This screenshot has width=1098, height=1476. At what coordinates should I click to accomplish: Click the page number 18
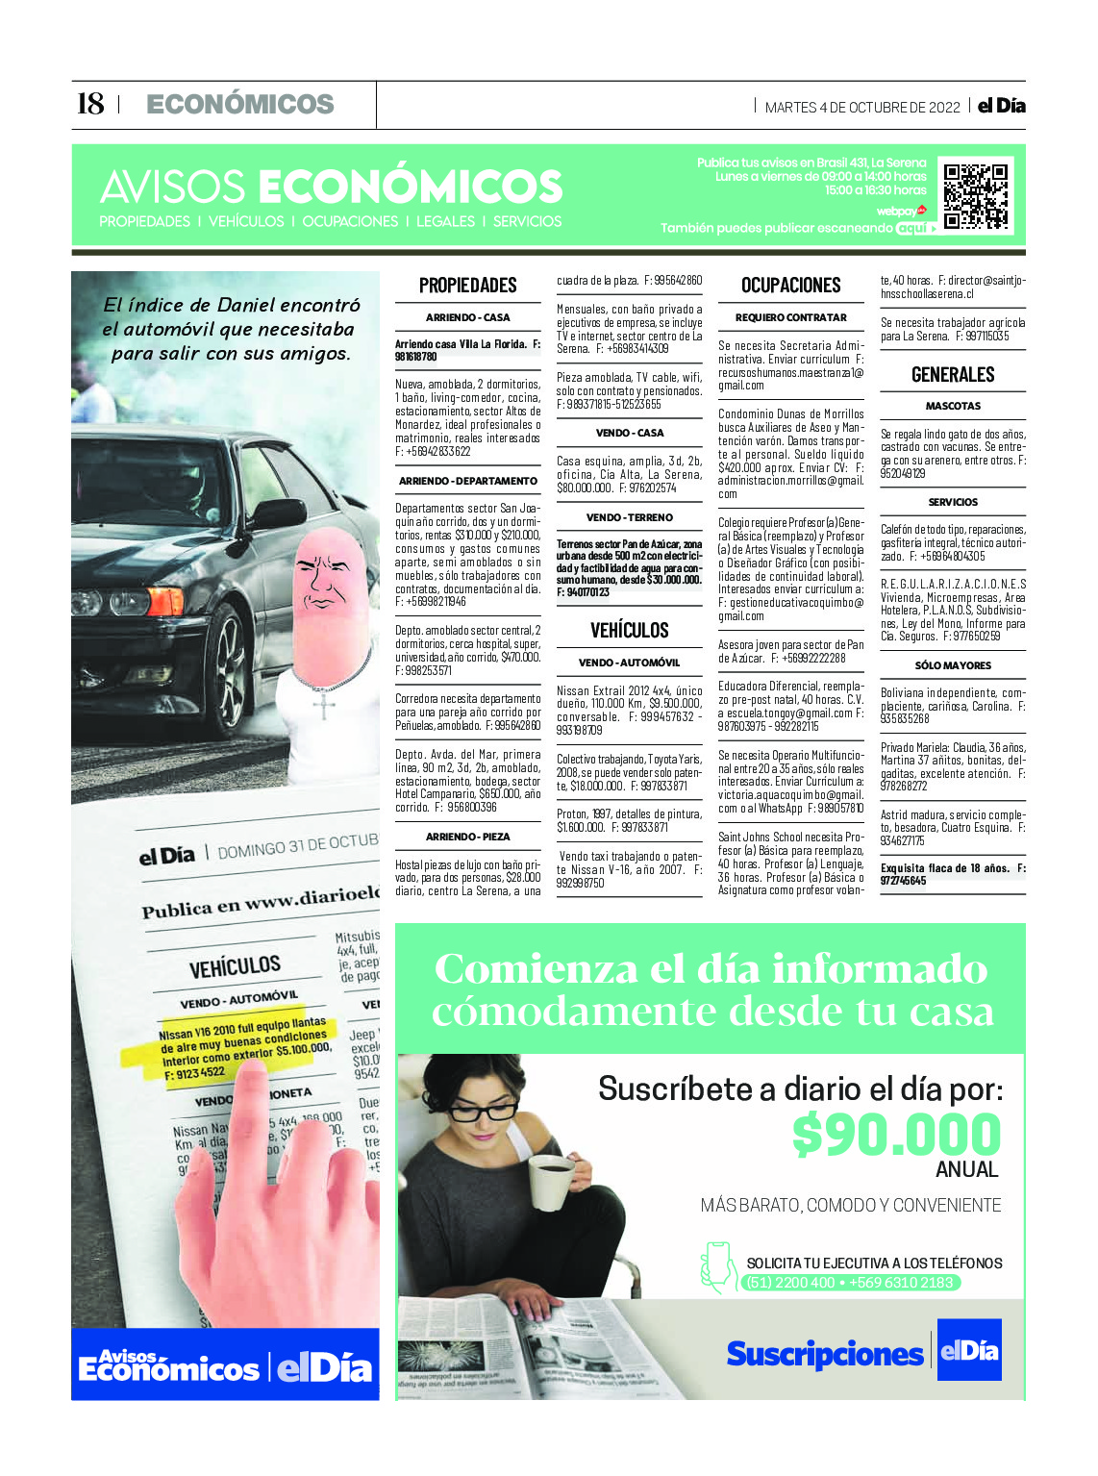(90, 104)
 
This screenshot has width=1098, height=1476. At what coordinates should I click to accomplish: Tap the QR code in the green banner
(976, 196)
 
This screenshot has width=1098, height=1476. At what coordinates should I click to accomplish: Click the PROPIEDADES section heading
(468, 286)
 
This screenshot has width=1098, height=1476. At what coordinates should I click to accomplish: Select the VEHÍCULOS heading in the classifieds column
(629, 631)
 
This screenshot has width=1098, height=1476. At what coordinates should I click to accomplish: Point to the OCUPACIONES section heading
(790, 286)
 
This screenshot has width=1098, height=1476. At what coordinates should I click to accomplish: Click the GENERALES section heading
(953, 375)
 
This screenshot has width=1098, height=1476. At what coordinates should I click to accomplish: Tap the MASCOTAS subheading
(953, 407)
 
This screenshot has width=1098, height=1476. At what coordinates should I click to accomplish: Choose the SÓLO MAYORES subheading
(953, 665)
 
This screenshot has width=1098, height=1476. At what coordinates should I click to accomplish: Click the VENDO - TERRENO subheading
(629, 517)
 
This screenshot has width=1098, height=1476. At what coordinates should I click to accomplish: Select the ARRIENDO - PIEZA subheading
(468, 837)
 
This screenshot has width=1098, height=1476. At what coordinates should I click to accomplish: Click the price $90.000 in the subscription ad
(896, 1135)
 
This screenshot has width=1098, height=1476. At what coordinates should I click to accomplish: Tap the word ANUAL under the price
(966, 1170)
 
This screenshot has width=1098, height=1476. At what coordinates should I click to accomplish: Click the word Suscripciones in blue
(824, 1354)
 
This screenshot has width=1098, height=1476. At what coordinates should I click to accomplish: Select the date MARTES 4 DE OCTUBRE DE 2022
(861, 108)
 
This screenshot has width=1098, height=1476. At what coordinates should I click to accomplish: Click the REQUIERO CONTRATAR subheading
(790, 317)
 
